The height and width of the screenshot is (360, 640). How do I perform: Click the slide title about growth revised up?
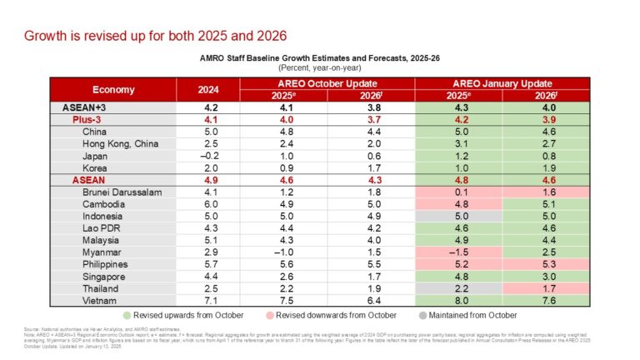[155, 36]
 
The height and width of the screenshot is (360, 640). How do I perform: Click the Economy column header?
[114, 89]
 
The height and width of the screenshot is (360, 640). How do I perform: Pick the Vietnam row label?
[101, 299]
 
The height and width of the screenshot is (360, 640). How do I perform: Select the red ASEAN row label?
[92, 179]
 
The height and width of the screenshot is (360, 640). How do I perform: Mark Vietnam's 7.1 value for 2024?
[210, 299]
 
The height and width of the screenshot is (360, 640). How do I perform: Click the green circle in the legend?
[126, 316]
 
